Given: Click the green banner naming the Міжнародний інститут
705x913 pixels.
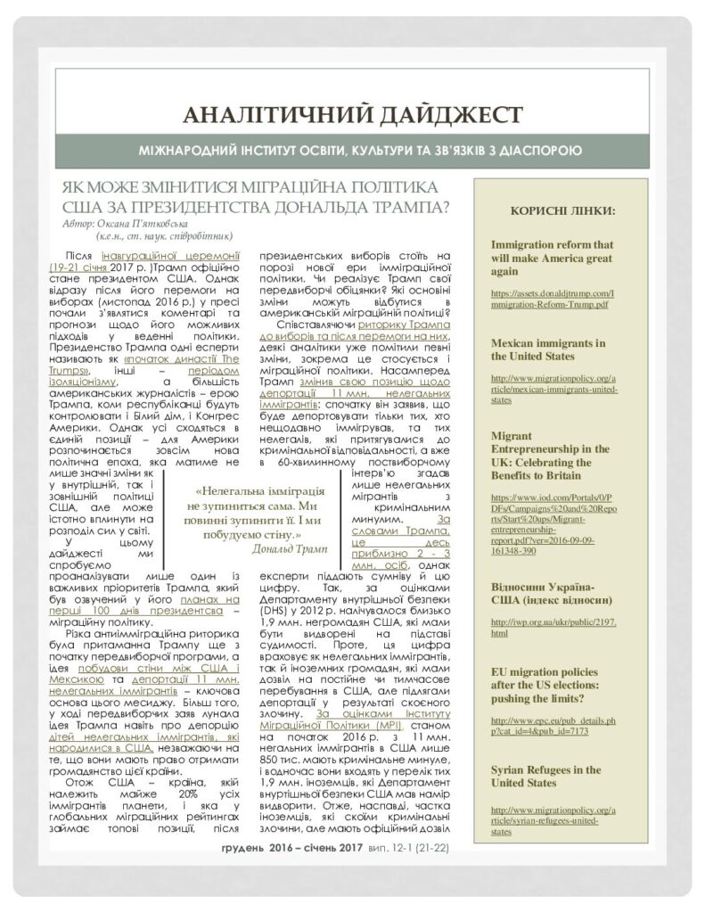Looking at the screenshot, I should point(351,151).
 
